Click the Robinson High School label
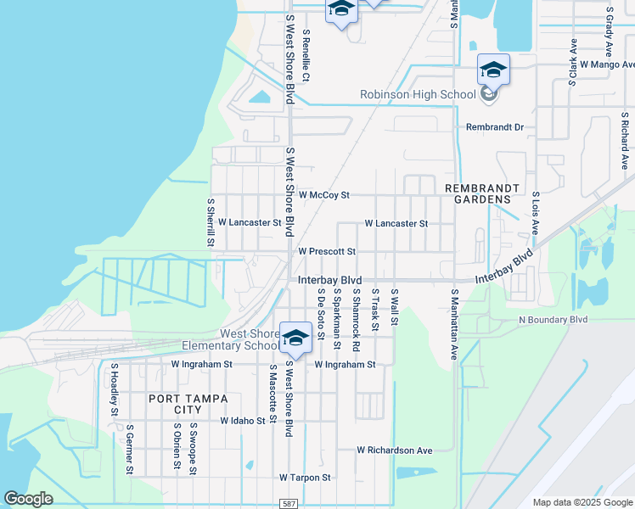418,94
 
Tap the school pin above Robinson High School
492,69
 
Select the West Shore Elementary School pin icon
295,338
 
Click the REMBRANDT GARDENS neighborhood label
478,193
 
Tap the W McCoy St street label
323,195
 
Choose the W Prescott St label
326,252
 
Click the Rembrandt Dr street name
495,127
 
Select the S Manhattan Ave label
454,324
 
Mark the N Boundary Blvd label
553,320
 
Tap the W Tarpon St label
305,478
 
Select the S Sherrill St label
211,222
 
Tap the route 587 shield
289,503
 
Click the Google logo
28,499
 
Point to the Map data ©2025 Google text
582,502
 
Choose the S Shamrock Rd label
356,321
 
